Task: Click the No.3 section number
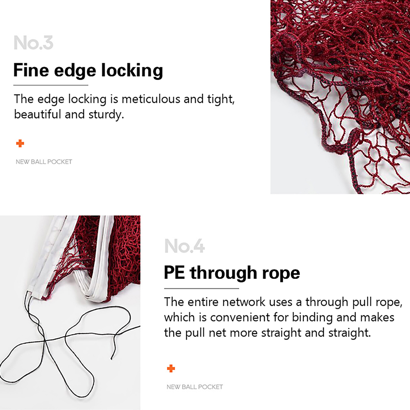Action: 33,43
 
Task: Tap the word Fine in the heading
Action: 31,70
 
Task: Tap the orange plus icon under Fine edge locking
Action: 20,143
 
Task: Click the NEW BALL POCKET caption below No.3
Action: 44,162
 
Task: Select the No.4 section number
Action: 184,246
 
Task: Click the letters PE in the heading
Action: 174,272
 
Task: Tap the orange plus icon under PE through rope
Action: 171,368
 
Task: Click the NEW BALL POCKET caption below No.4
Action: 195,387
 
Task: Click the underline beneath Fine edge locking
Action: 51,85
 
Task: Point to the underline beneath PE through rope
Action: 201,289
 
